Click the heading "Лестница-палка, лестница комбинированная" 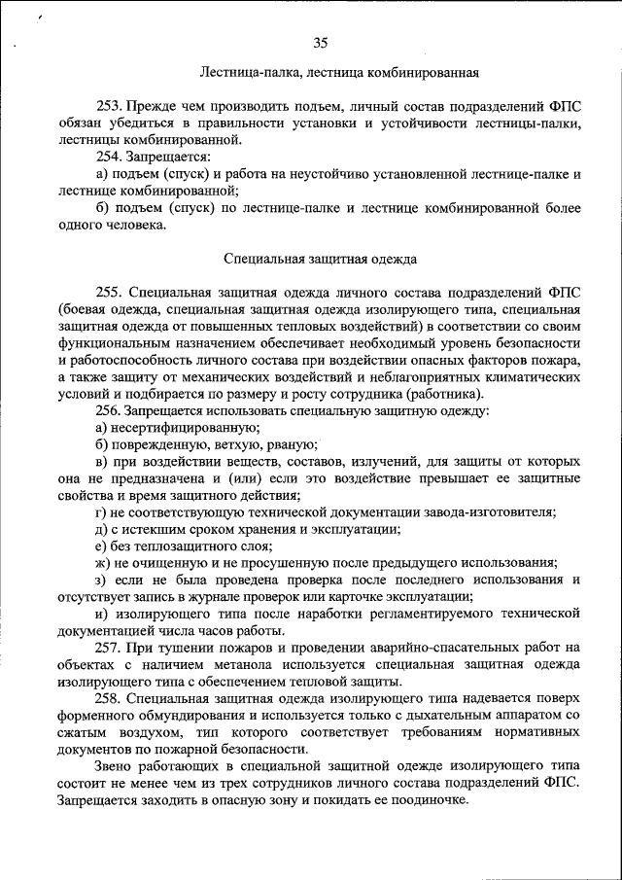pos(339,72)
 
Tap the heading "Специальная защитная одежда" pos(321,260)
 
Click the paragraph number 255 pos(108,292)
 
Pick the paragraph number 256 pos(108,410)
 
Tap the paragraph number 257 pos(108,647)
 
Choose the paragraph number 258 pos(108,698)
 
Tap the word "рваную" pos(282,443)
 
